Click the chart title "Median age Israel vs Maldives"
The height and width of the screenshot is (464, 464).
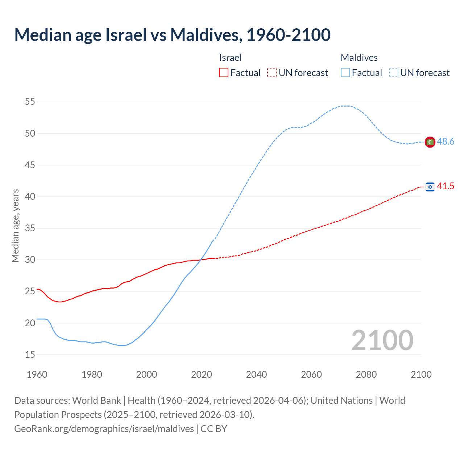[172, 35]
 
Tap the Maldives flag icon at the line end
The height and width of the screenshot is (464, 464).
[430, 142]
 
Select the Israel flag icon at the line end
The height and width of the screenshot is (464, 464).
[430, 187]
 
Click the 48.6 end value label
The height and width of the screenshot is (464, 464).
[446, 142]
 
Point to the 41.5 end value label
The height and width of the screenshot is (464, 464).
[446, 186]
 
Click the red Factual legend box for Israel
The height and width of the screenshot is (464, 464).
[224, 73]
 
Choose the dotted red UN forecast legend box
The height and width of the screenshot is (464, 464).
[272, 73]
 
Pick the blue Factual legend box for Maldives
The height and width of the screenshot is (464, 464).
[345, 73]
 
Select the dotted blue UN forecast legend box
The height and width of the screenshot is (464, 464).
[394, 73]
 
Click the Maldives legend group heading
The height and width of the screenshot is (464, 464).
[359, 58]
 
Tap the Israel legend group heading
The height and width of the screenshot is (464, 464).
[230, 58]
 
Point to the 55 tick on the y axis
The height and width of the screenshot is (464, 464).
[30, 102]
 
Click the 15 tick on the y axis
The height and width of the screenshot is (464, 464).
[30, 355]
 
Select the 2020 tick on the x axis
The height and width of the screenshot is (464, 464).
[202, 374]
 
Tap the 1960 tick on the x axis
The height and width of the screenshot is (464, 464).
[37, 374]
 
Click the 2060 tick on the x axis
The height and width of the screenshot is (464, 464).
[311, 374]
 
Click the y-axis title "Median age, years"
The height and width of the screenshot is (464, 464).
[15, 225]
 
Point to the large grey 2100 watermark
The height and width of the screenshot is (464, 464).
[382, 340]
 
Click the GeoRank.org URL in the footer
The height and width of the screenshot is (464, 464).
[104, 429]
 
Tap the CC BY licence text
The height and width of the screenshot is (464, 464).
[214, 429]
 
